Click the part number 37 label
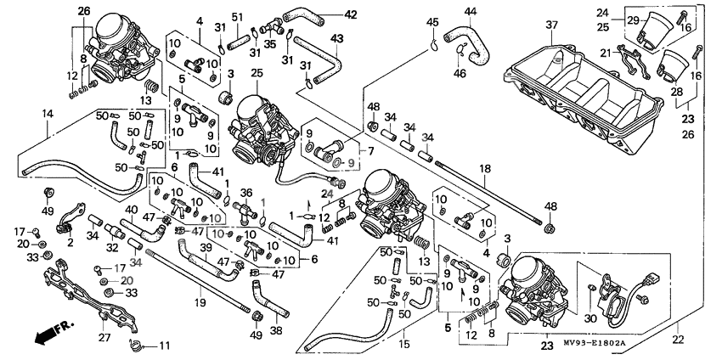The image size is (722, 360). coord(551,25)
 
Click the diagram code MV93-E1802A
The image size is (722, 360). coord(594,343)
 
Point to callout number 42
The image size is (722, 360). coord(351,14)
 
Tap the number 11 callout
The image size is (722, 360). coord(164,346)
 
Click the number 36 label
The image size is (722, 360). coord(247,193)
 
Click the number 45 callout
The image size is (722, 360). coord(433,21)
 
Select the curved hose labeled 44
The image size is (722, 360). coord(469,47)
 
